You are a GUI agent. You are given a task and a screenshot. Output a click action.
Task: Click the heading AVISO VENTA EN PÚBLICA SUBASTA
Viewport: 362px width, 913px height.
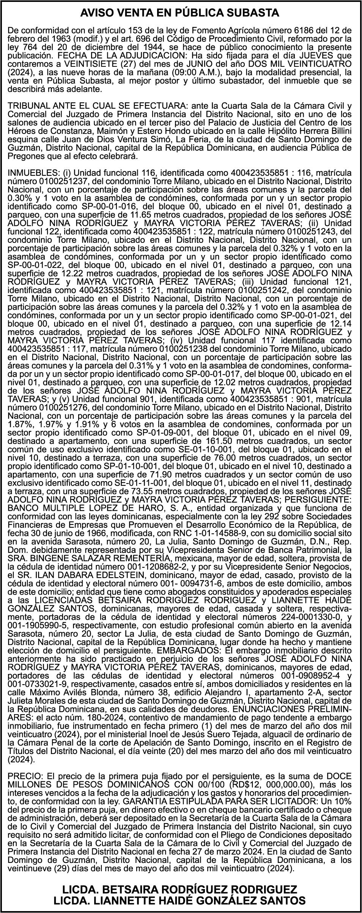point(181,13)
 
